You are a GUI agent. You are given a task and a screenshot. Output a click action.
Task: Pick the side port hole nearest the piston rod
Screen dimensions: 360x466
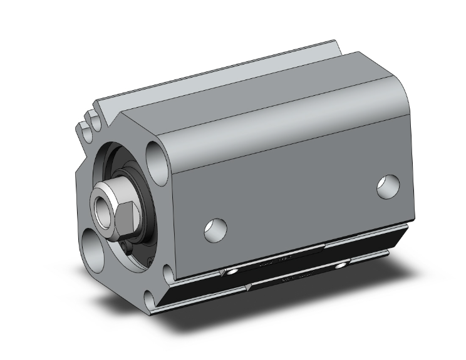pyautogui.click(x=215, y=229)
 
